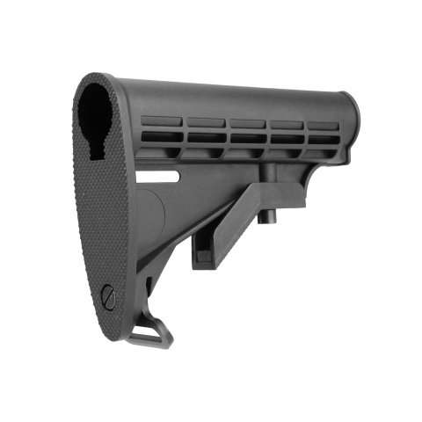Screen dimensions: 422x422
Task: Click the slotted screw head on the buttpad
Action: [x=108, y=297]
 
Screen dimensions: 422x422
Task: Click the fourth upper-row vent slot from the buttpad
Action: [x=288, y=125]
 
